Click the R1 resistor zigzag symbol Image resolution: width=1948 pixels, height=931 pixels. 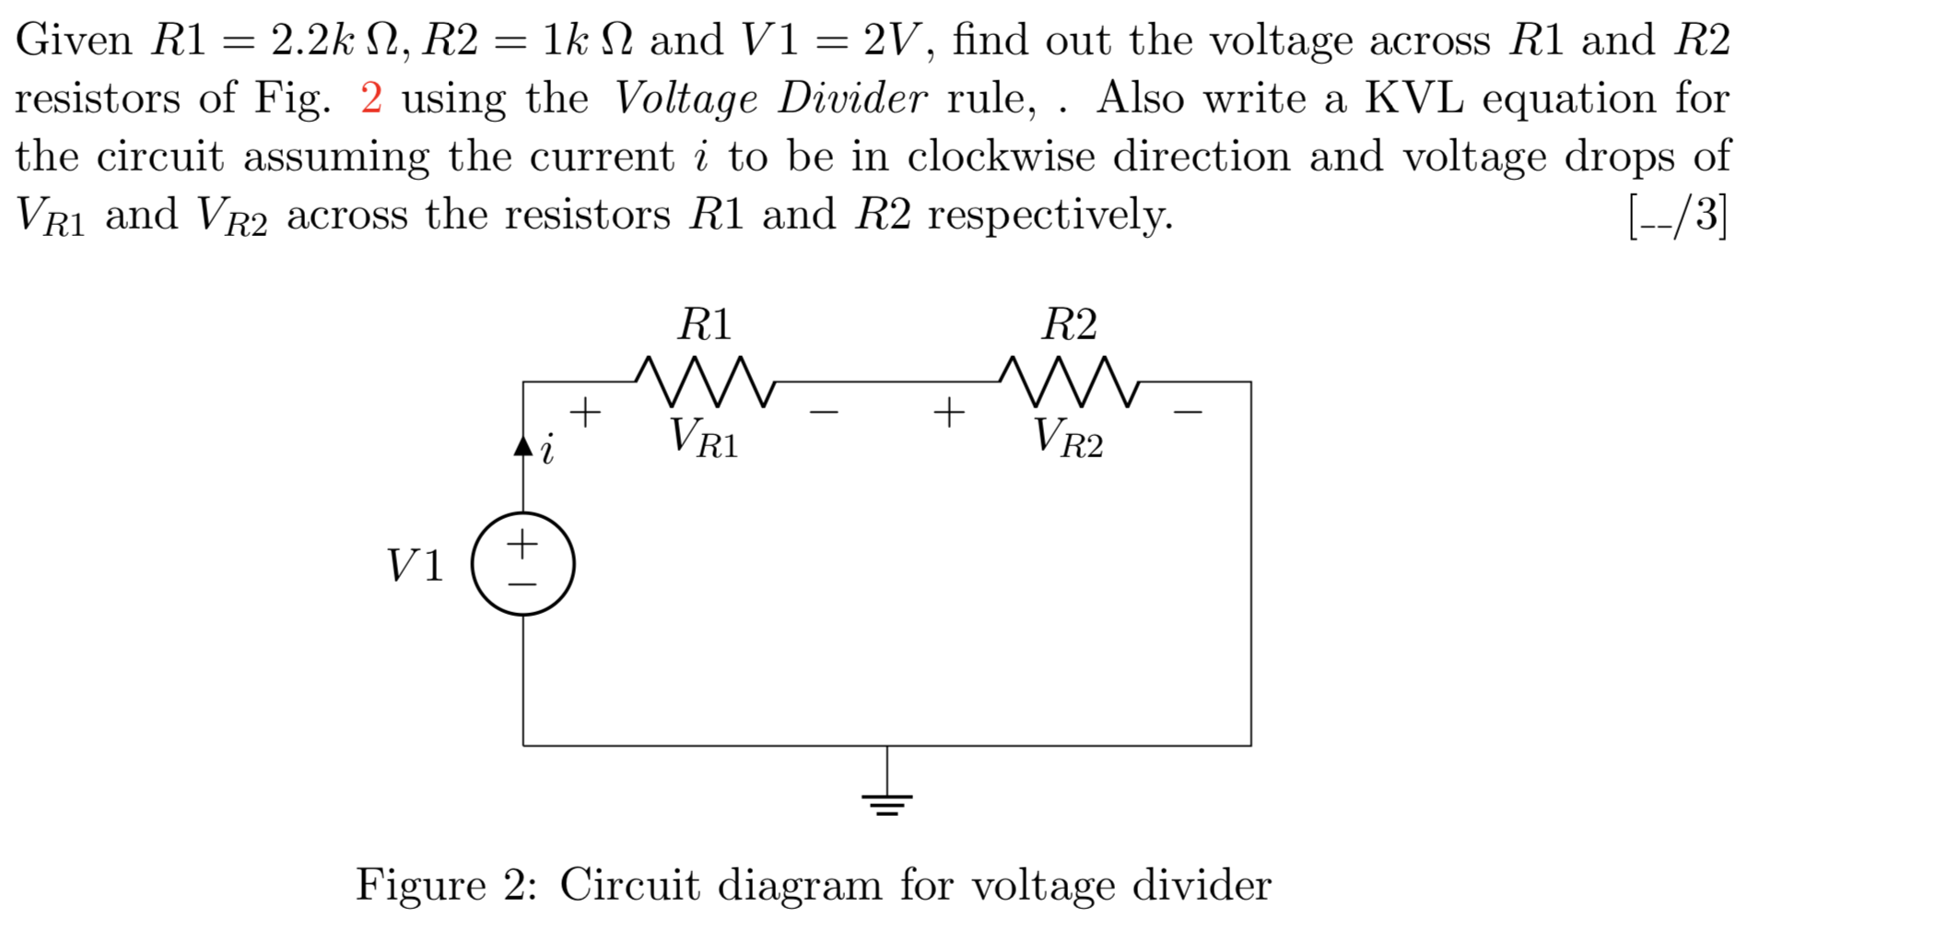[x=705, y=382]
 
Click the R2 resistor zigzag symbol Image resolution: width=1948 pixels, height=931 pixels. [x=1069, y=382]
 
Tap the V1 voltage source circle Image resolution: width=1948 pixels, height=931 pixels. [x=522, y=563]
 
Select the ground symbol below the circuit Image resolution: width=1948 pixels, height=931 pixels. [x=887, y=803]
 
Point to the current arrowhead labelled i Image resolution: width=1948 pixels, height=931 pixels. [x=523, y=446]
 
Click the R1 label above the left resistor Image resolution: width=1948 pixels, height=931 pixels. [x=705, y=324]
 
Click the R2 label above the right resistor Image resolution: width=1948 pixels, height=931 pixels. [x=1069, y=324]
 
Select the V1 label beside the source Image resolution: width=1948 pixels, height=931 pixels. [x=415, y=565]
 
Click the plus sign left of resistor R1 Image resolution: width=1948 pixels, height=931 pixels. [x=585, y=411]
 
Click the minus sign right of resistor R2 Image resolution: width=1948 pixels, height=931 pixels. [x=1188, y=411]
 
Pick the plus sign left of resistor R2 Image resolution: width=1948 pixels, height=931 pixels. [x=949, y=411]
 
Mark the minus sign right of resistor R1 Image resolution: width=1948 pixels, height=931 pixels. [x=824, y=411]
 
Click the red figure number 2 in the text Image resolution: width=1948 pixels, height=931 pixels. [x=371, y=98]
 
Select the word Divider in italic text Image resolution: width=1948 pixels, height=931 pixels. [x=852, y=98]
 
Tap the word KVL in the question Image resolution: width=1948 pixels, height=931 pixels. [x=1414, y=98]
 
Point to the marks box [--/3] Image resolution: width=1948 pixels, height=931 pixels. [x=1678, y=216]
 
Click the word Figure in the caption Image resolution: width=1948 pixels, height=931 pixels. [x=421, y=885]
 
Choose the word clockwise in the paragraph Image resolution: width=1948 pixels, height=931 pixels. [x=1001, y=156]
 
